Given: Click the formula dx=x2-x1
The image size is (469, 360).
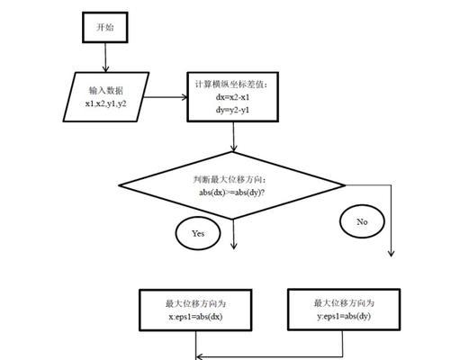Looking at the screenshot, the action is [232, 97].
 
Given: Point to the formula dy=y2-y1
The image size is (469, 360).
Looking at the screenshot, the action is [232, 110].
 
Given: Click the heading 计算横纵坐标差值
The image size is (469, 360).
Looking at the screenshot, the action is [231, 85].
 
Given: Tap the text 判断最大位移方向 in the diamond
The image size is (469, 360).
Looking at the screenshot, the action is [230, 180].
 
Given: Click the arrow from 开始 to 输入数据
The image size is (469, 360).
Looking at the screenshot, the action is [105, 58].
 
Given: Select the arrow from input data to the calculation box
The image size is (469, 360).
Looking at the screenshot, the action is [166, 97].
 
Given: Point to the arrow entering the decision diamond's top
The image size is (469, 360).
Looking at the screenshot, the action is [233, 137].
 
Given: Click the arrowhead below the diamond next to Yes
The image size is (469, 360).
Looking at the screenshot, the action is [234, 246].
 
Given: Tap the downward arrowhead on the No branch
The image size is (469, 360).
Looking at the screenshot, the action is [391, 253].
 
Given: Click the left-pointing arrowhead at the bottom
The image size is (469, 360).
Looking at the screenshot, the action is [199, 356].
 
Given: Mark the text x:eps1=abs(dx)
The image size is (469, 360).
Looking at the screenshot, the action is [195, 317].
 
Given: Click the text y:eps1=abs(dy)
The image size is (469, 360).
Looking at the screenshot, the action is [344, 316].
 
